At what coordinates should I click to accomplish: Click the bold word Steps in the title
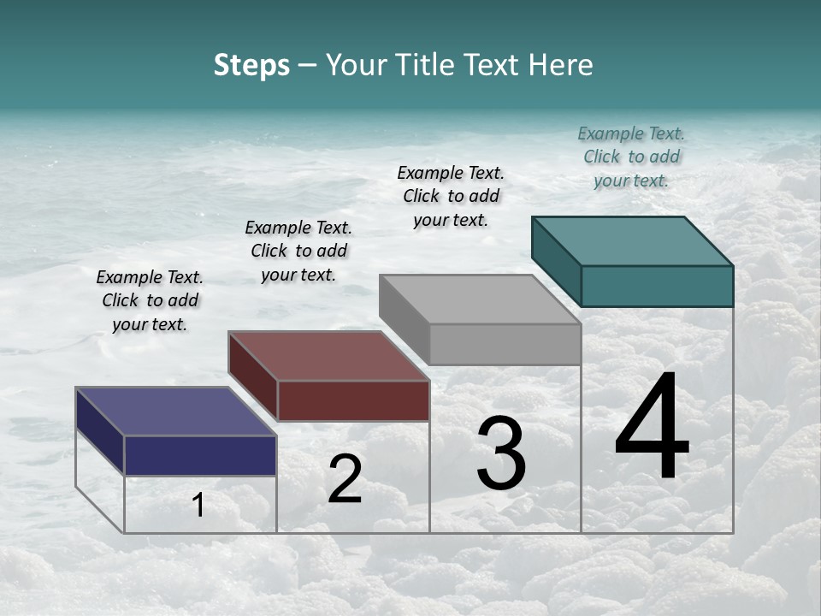click(251, 65)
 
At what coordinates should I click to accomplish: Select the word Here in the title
click(559, 65)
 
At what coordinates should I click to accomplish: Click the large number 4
click(652, 429)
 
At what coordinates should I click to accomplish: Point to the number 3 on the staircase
click(501, 453)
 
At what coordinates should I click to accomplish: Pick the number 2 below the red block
click(345, 479)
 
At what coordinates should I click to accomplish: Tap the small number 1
click(198, 505)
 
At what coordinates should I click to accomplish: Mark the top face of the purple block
click(176, 412)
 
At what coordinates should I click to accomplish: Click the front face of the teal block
click(657, 286)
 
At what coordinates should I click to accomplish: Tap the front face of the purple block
click(200, 454)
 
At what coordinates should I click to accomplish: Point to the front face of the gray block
click(505, 344)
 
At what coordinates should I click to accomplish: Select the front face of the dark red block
click(353, 400)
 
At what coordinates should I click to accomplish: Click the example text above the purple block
click(150, 300)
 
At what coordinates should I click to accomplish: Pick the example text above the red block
click(298, 251)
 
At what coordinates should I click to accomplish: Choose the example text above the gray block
click(451, 196)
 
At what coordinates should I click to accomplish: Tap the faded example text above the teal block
click(631, 157)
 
